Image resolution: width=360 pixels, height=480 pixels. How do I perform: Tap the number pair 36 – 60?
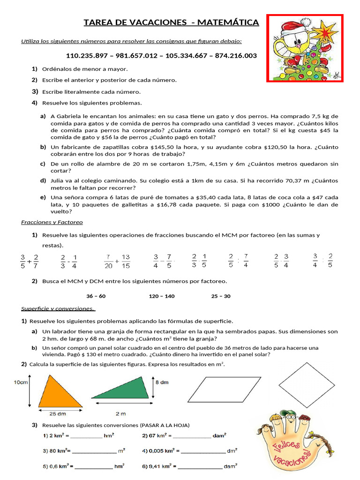(96, 296)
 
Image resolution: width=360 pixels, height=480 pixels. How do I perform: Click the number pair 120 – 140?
(161, 296)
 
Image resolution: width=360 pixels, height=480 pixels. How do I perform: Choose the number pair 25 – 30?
(221, 296)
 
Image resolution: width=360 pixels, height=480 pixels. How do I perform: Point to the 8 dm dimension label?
(161, 382)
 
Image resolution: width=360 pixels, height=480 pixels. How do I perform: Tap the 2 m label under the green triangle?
(121, 413)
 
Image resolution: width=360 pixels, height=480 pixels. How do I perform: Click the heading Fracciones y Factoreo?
(52, 222)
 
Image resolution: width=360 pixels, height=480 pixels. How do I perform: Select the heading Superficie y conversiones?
(58, 308)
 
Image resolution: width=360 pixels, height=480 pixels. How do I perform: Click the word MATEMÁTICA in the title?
(228, 22)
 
